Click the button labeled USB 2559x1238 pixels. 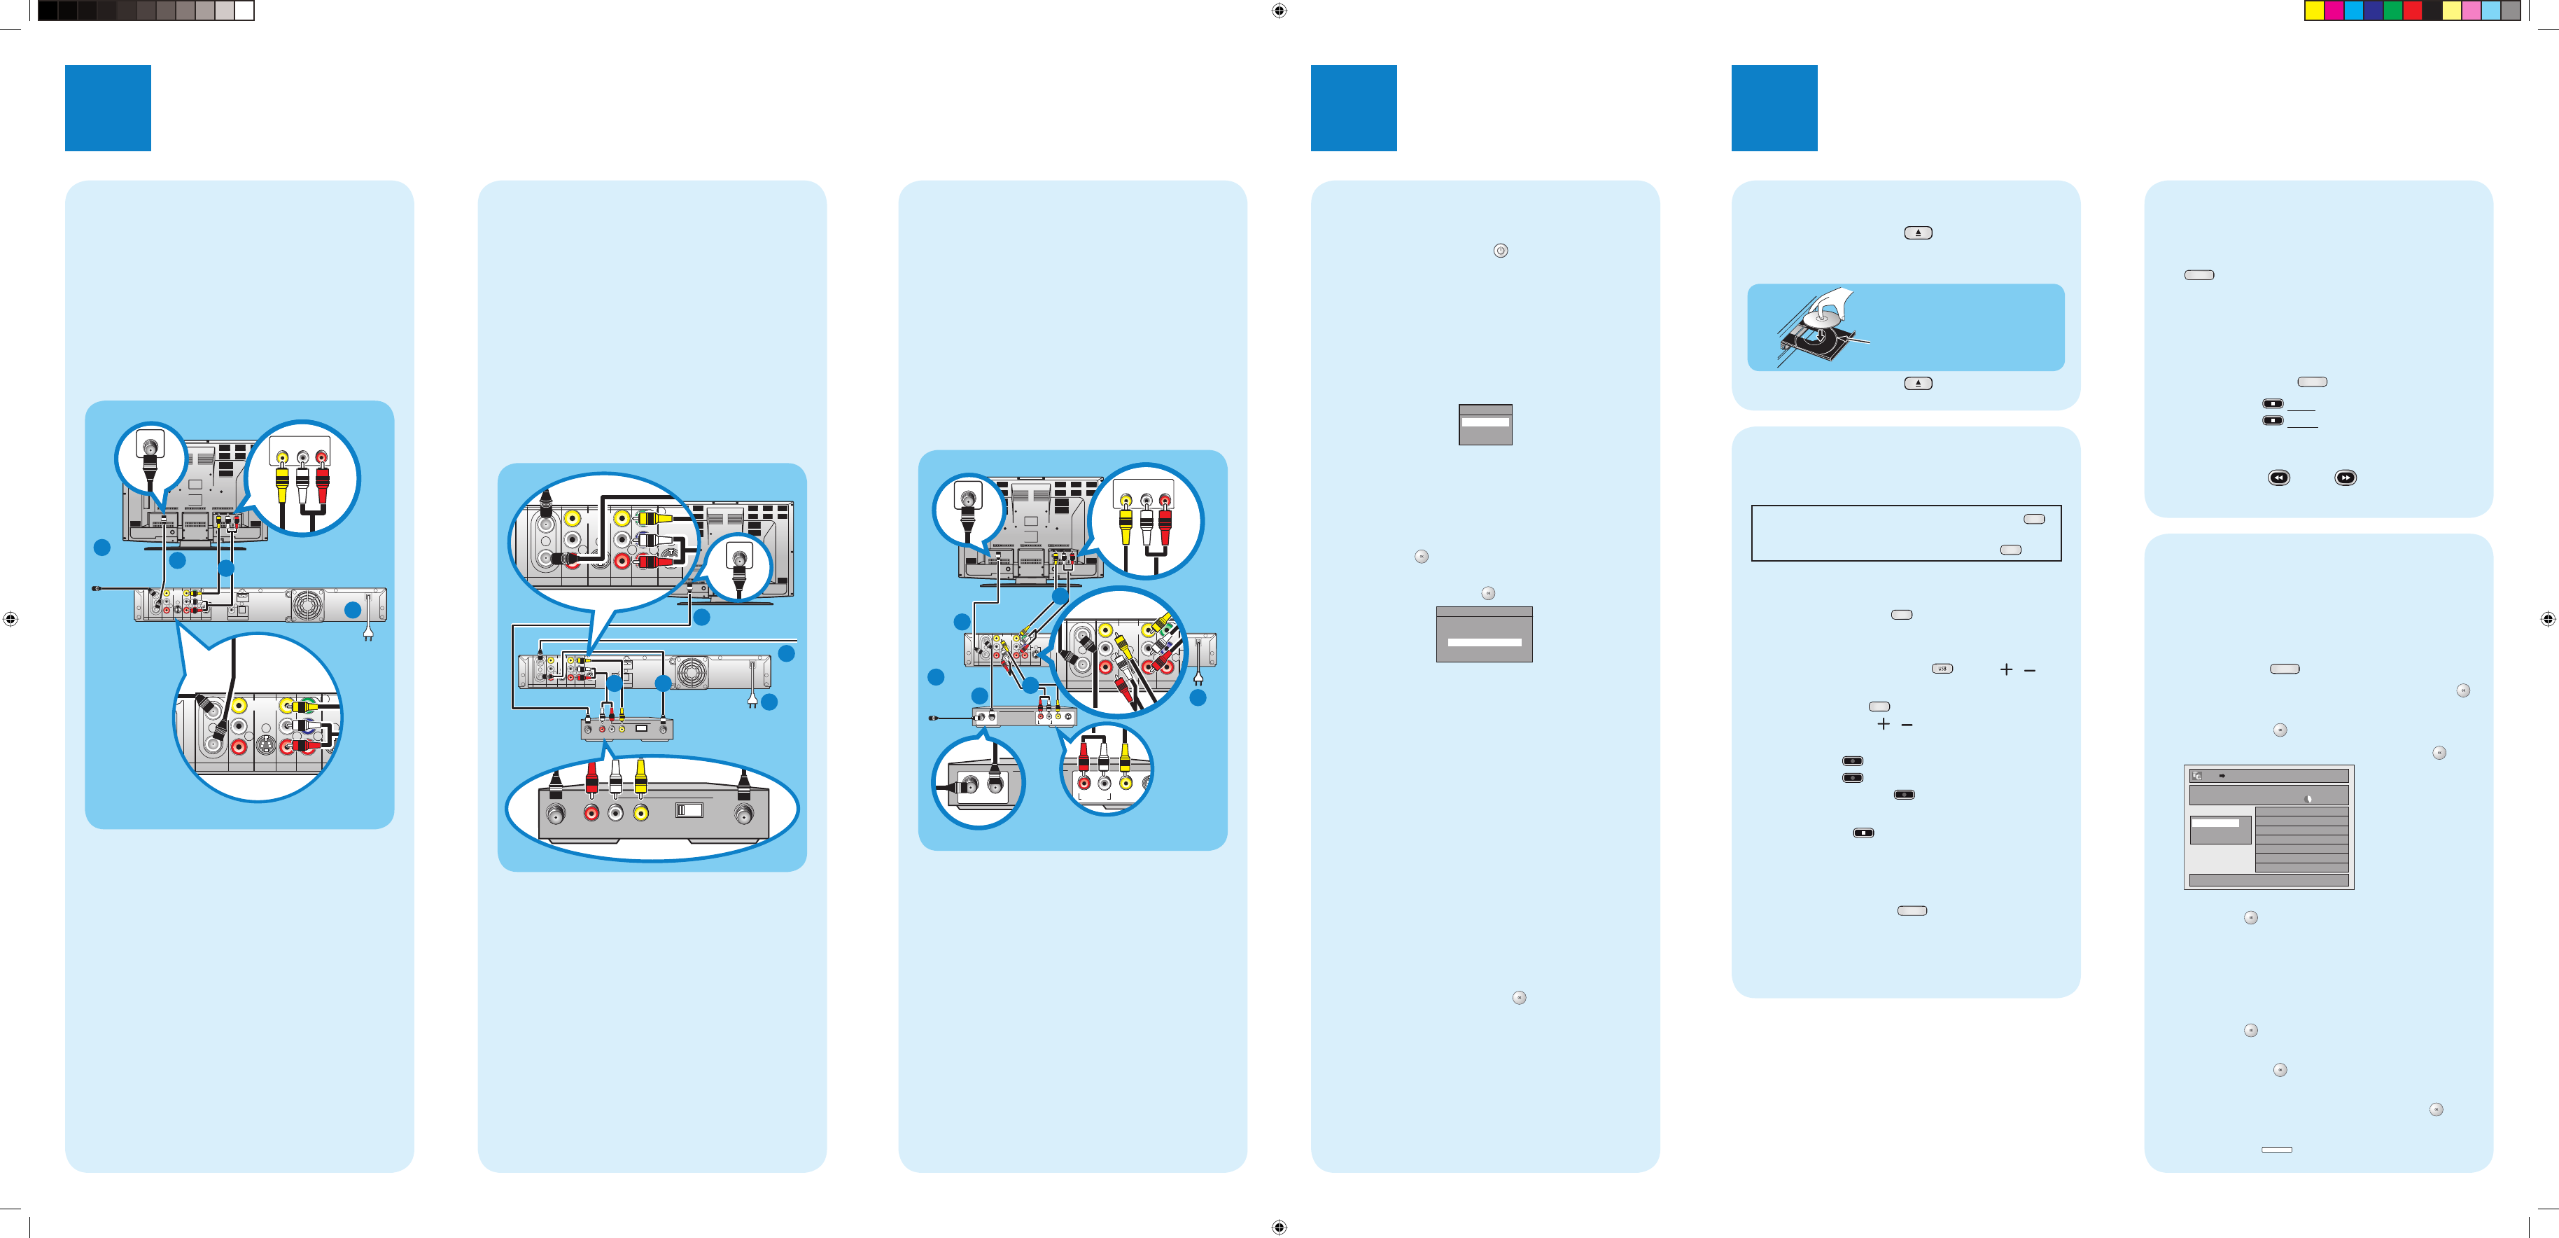pyautogui.click(x=1942, y=669)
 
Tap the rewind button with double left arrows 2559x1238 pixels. pyautogui.click(x=2278, y=478)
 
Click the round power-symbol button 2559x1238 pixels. pyautogui.click(x=1500, y=251)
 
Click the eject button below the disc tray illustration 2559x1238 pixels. pyautogui.click(x=1917, y=384)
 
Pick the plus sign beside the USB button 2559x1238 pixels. pyautogui.click(x=2005, y=669)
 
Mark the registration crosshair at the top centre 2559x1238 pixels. pyautogui.click(x=1279, y=11)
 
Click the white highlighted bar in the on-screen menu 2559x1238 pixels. pyautogui.click(x=2215, y=823)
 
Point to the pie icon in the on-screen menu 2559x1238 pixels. pyautogui.click(x=2307, y=798)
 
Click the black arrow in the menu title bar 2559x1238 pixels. pyautogui.click(x=2221, y=776)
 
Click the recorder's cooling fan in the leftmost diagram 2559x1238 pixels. pyautogui.click(x=307, y=604)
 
